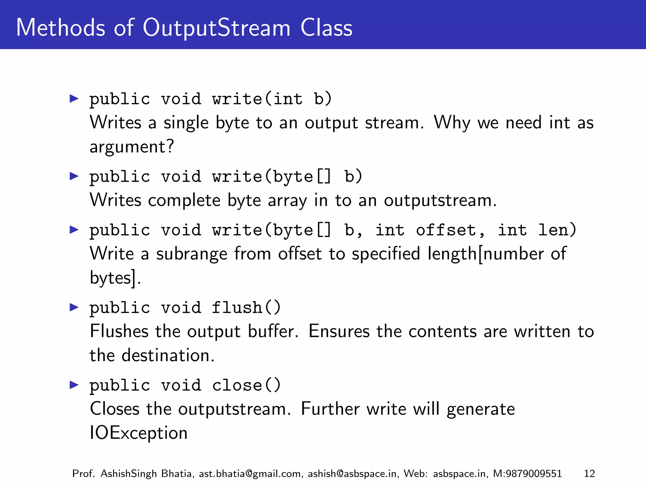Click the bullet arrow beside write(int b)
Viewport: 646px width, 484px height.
tap(74, 98)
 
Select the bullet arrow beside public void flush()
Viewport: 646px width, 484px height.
tap(74, 307)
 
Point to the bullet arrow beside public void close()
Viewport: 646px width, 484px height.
tap(74, 384)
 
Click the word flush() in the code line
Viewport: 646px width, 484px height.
tap(246, 307)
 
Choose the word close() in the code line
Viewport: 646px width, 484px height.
tap(246, 385)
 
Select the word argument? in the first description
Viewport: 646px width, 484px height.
tap(132, 147)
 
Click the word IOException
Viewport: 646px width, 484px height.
tap(139, 433)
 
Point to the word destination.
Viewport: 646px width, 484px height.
tap(168, 355)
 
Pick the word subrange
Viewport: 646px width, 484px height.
tap(192, 254)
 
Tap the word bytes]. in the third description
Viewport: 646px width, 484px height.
tap(115, 278)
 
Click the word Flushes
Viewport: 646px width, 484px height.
tap(119, 331)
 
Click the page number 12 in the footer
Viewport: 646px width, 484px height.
tap(589, 474)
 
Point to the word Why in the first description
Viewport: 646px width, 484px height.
tap(452, 123)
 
